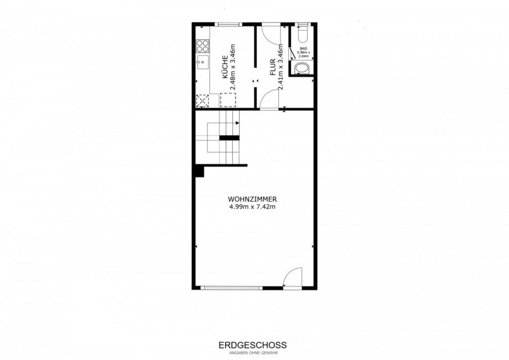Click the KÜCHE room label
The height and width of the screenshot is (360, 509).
(224, 67)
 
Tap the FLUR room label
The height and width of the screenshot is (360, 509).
(273, 67)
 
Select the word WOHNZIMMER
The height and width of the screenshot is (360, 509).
(252, 199)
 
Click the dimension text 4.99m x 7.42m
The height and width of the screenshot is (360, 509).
(252, 207)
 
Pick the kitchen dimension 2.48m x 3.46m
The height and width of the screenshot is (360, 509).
(232, 67)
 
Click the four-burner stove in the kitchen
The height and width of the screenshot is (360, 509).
(203, 46)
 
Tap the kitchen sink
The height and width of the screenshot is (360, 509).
(202, 62)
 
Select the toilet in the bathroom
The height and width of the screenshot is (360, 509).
(303, 33)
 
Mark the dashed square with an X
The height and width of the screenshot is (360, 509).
(203, 101)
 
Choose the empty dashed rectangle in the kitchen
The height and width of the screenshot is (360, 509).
(228, 100)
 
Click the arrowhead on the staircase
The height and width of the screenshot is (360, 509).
(237, 123)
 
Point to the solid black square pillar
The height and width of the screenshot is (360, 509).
(199, 171)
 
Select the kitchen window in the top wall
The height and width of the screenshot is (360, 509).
(229, 24)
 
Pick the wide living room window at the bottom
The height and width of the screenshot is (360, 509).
(232, 288)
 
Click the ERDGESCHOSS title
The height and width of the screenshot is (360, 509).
(252, 345)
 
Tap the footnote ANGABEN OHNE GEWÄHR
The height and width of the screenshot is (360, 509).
(252, 353)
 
